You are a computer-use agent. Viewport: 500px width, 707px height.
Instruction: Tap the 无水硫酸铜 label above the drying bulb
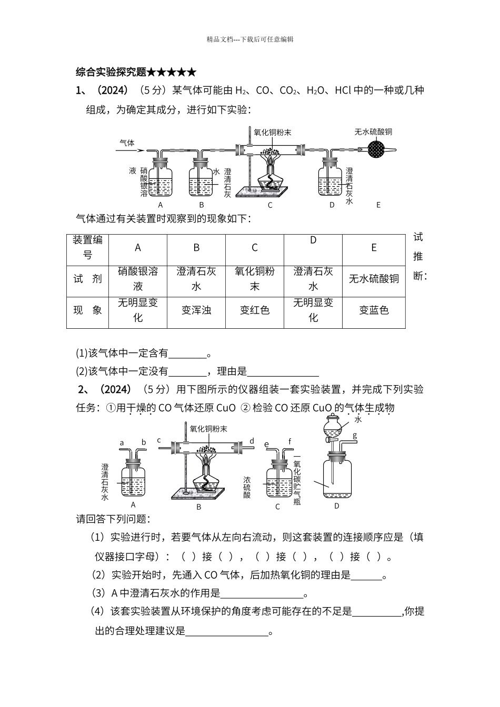373,132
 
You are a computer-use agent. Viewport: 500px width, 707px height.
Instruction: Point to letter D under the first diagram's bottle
332,205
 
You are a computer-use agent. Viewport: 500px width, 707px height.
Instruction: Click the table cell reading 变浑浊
196,310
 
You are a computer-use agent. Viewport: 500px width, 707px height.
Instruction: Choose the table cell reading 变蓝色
374,310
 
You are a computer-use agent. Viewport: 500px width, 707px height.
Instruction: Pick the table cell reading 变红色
255,310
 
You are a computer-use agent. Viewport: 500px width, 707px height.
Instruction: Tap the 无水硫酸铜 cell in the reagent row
374,279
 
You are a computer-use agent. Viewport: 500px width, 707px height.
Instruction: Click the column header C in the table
255,248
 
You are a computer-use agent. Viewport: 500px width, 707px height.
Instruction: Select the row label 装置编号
87,247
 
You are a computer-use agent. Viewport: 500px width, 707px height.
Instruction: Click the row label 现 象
87,310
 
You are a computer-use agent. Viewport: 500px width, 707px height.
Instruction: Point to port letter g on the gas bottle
355,436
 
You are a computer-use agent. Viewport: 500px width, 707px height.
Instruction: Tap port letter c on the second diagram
158,440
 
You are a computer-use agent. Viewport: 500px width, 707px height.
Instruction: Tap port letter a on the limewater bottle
122,442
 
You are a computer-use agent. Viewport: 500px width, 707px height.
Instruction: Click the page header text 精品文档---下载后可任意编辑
250,39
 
